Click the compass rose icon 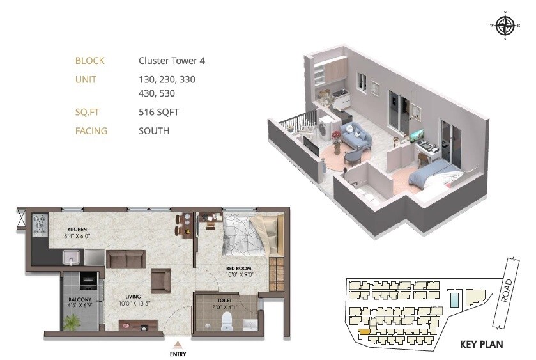[x=505, y=26]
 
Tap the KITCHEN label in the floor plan [x=77, y=229]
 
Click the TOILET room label [x=224, y=300]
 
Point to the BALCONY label [x=80, y=299]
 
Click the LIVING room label [x=133, y=296]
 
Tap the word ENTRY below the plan [x=178, y=353]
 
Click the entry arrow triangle [x=178, y=344]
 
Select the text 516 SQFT [x=158, y=112]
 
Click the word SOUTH [x=154, y=131]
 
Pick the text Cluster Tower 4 [x=172, y=61]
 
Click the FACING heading [x=91, y=131]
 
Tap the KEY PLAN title [x=482, y=345]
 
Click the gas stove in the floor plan [x=40, y=223]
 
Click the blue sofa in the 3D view [x=355, y=135]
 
